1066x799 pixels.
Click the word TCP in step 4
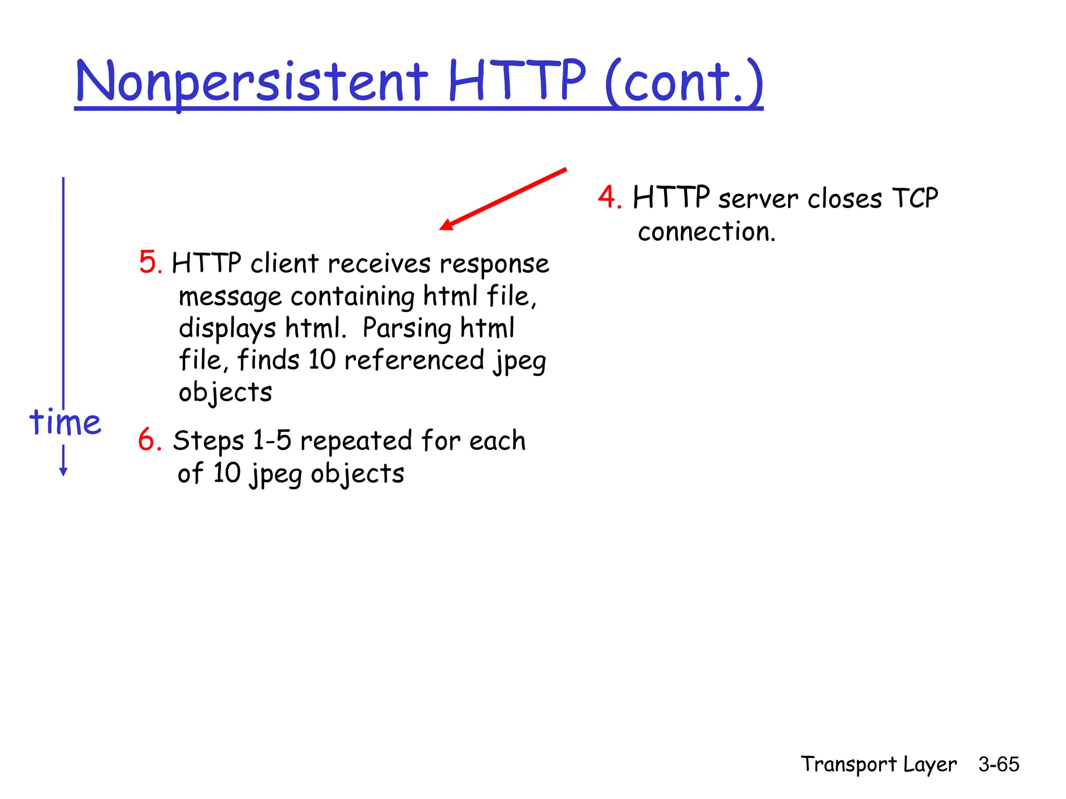[x=915, y=198]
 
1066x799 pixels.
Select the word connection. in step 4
[x=706, y=231]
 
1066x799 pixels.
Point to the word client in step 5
[x=284, y=263]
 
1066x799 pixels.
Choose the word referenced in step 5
[x=414, y=360]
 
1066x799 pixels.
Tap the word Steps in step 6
[x=208, y=442]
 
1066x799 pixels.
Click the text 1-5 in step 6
[x=272, y=441]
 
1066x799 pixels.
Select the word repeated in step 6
[x=356, y=442]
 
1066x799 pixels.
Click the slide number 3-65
[x=998, y=764]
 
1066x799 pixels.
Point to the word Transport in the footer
[x=848, y=765]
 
